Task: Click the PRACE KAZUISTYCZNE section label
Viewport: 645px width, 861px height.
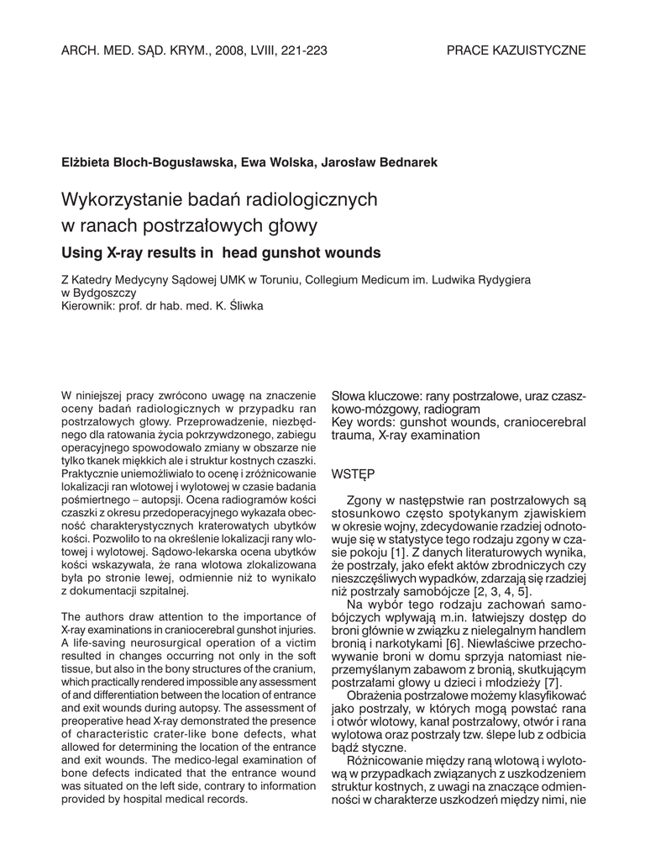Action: (516, 50)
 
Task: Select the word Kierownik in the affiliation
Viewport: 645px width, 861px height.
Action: (91, 307)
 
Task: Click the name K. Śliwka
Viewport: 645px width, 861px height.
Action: (239, 307)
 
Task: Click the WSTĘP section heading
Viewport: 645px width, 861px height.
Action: (354, 474)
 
